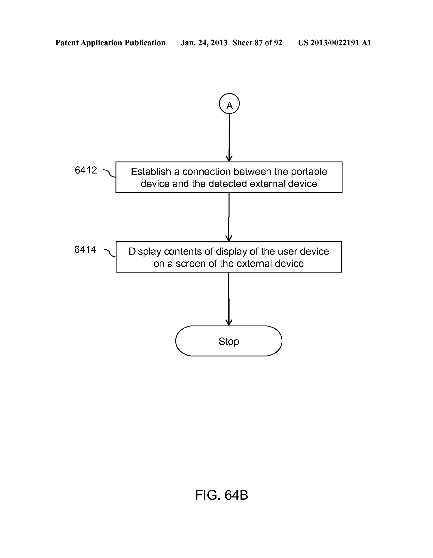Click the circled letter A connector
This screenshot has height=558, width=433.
pyautogui.click(x=229, y=104)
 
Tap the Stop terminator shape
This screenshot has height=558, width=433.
pyautogui.click(x=229, y=341)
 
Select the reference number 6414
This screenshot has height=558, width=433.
pyautogui.click(x=85, y=250)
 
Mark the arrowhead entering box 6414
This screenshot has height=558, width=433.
pyautogui.click(x=229, y=238)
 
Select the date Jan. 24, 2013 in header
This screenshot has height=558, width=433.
pyautogui.click(x=204, y=43)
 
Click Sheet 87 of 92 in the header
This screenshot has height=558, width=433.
pyautogui.click(x=257, y=43)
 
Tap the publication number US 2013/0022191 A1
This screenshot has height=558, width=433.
pyautogui.click(x=334, y=43)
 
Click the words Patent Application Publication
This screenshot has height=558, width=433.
pyautogui.click(x=110, y=43)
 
